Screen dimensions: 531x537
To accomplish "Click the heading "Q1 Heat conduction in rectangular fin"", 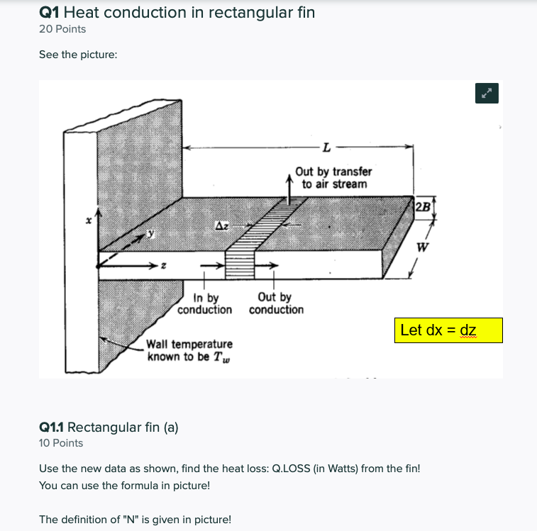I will [177, 12].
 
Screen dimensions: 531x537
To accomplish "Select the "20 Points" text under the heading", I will [62, 29].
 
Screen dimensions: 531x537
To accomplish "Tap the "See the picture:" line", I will [77, 55].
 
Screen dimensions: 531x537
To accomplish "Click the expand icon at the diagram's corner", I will [487, 93].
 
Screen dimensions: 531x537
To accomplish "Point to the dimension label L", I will [326, 148].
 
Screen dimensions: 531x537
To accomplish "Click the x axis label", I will [89, 222].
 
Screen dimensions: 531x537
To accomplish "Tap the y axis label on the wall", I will [150, 233].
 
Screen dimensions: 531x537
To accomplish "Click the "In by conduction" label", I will [204, 304].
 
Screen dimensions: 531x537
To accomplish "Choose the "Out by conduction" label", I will [276, 304].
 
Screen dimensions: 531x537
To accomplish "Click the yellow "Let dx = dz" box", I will [448, 330].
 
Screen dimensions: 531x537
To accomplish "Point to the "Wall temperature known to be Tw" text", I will [189, 350].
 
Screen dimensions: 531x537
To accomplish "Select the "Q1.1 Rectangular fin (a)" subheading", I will [109, 427].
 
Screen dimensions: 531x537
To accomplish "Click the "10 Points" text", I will [61, 443].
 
